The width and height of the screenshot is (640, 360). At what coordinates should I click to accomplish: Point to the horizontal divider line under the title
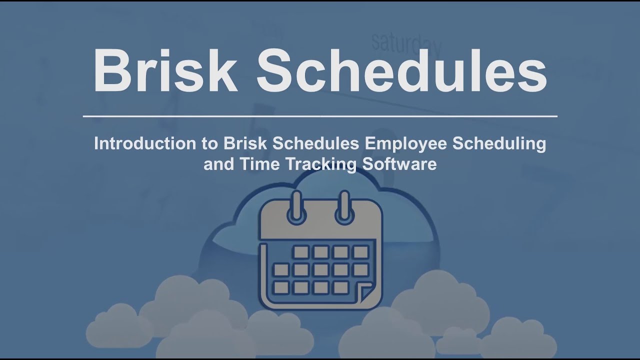pyautogui.click(x=320, y=116)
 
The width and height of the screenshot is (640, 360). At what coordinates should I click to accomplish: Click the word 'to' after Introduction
pyautogui.click(x=209, y=144)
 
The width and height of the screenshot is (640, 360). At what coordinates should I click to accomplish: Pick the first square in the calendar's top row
pyautogui.click(x=301, y=252)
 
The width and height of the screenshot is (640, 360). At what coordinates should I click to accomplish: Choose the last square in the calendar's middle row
pyautogui.click(x=360, y=270)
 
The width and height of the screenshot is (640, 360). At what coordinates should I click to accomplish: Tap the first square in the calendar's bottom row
pyautogui.click(x=281, y=287)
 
